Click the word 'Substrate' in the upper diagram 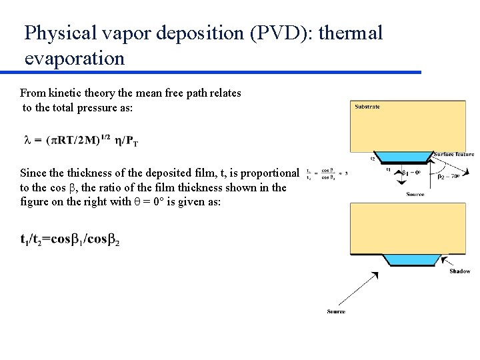click(367, 107)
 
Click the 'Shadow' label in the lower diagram click(459, 271)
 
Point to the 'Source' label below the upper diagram click(415, 194)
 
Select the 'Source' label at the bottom click(336, 311)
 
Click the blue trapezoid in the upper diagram click(404, 159)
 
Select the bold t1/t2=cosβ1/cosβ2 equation click(70, 239)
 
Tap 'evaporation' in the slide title click(75, 58)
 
